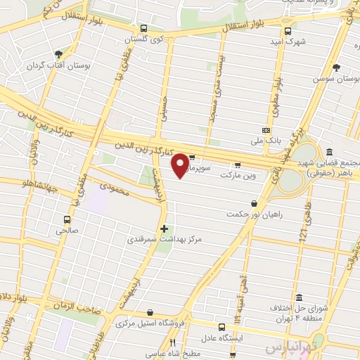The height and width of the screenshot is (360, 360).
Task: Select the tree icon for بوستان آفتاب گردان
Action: (58, 53)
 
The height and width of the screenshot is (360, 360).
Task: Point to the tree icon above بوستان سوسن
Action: (338, 69)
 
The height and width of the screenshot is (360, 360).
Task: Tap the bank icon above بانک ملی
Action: (266, 130)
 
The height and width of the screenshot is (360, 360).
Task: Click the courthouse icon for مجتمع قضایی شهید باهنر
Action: (330, 151)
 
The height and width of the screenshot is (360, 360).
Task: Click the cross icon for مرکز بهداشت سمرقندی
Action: (164, 229)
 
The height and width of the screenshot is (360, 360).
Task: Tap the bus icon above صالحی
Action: (67, 219)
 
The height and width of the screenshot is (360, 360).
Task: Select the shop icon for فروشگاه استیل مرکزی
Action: (150, 313)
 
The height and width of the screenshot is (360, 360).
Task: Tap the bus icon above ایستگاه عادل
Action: (222, 327)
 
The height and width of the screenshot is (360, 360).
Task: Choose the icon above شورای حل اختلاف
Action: (300, 297)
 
